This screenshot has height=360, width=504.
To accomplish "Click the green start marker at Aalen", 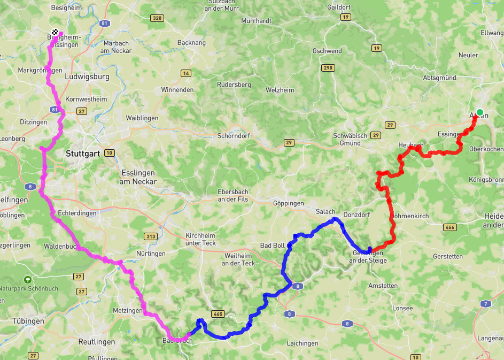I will pos(480,112).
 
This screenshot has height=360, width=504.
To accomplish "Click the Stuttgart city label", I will pos(83,154).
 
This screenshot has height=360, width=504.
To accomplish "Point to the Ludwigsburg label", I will pos(87,76).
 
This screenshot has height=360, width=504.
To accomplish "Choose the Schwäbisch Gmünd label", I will pos(350,139).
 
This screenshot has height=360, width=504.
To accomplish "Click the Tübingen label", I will pos(28,321).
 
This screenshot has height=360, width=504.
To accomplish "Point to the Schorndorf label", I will pos(234,136).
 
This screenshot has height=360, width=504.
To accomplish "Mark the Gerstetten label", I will pos(448,256).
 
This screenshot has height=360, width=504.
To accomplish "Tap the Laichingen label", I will pos(303,343).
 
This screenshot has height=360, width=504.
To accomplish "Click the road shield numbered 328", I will pos(157,18).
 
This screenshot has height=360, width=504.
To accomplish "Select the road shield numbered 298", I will pos(328,68).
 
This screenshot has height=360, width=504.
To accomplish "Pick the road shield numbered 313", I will pos(150,236).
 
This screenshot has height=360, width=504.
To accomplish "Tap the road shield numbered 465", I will pos(218,314).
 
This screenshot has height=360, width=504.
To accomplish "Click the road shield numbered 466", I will pos(449,227).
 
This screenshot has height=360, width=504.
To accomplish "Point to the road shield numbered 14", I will pos(186,73).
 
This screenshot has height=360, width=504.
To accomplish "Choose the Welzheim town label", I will pos(280,90).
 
